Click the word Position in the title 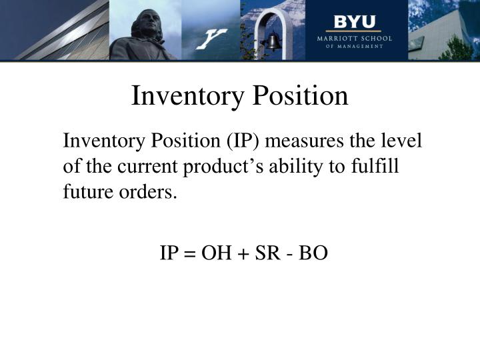point(303,96)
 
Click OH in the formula point(214,254)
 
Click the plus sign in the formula point(239,255)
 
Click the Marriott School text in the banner point(355,39)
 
